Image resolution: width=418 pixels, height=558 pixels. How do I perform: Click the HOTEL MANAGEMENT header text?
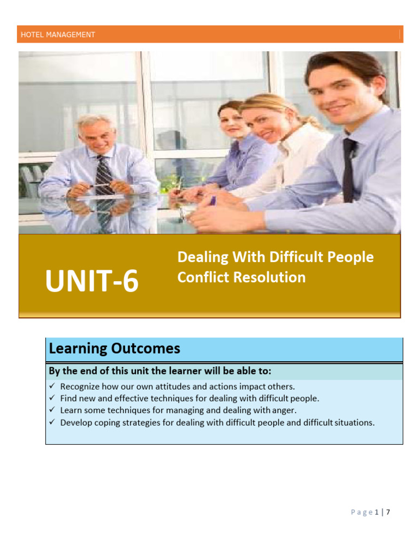click(58, 35)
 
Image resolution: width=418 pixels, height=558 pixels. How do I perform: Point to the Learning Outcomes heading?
click(114, 348)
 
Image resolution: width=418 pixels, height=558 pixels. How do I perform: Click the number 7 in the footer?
click(389, 512)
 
